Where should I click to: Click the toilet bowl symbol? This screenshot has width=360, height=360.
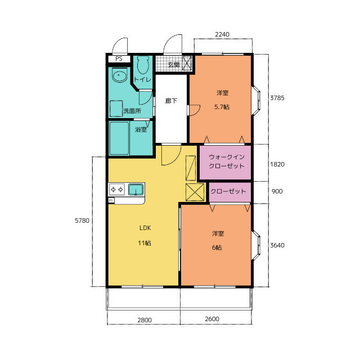(143, 65)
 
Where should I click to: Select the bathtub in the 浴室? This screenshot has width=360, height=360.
(119, 138)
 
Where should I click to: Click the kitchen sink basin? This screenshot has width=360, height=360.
(136, 190)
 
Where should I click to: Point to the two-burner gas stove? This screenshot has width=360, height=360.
(116, 190)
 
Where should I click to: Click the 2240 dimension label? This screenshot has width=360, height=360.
(222, 34)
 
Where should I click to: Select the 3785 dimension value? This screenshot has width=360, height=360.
(277, 98)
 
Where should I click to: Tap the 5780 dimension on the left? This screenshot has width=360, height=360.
(82, 220)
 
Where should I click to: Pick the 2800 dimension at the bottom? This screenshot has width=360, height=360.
(145, 320)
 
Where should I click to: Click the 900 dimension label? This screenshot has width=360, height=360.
(277, 191)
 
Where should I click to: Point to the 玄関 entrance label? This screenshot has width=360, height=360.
(174, 65)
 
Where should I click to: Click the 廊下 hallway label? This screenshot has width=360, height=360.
(171, 101)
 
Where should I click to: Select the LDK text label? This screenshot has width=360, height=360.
(145, 228)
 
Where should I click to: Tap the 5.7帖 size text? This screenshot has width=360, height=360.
(222, 107)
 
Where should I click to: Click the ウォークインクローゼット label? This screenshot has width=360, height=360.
(227, 161)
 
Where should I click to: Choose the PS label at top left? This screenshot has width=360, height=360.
(119, 58)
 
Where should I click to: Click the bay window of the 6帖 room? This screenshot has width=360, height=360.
(256, 245)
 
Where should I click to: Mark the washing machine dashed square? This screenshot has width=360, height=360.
(116, 109)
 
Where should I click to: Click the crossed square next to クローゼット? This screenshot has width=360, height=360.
(195, 192)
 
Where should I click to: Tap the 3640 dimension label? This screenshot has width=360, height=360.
(277, 245)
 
